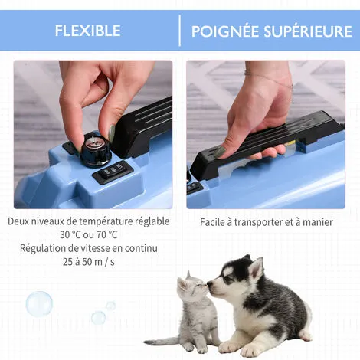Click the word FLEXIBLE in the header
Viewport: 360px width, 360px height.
(87, 31)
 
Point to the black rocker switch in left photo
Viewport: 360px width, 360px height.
(116, 169)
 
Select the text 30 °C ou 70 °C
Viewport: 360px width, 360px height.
(88, 234)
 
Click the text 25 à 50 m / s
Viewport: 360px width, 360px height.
(89, 261)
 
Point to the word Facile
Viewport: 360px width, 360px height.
(216, 221)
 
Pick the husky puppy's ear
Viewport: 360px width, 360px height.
(256, 267)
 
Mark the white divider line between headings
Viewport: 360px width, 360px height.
(180, 31)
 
